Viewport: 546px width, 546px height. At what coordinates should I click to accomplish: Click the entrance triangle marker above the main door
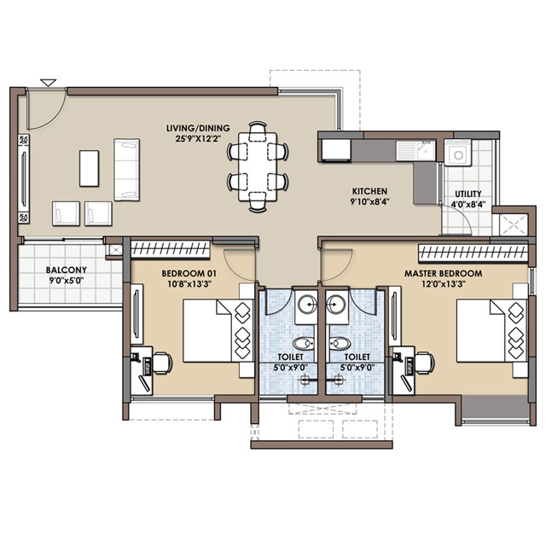48,83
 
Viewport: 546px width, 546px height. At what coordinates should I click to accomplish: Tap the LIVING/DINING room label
198,128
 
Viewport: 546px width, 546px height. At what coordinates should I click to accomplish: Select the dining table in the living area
258,167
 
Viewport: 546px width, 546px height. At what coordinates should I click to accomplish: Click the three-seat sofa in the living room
127,170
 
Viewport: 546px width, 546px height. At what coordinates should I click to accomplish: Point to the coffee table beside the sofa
89,168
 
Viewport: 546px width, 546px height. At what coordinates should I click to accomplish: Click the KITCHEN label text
369,191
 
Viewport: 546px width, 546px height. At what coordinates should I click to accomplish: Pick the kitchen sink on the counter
415,150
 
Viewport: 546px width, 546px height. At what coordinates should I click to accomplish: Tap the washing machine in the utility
458,152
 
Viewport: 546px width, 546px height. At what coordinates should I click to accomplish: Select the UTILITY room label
468,194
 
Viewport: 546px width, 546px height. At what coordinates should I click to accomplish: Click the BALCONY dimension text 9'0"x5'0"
67,281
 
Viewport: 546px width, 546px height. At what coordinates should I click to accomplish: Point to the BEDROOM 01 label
189,273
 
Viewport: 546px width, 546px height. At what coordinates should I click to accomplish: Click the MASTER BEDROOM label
444,273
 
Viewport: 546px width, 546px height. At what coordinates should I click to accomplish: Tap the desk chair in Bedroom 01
162,363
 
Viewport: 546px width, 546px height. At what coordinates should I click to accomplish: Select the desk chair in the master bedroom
424,363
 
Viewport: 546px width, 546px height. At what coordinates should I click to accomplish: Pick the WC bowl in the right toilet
339,344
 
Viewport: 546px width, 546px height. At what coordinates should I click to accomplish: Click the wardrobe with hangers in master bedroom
473,253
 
